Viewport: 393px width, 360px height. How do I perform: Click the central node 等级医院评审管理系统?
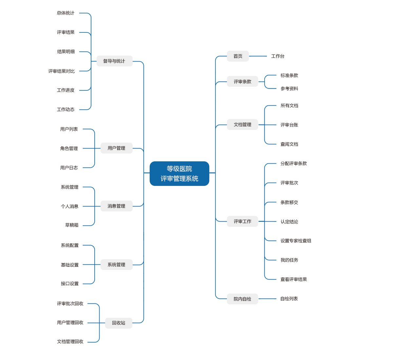[179, 173]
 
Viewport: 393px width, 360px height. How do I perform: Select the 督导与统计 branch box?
[114, 61]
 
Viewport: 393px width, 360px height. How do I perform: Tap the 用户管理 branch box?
[117, 148]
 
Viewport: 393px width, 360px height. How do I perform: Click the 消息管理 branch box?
[117, 206]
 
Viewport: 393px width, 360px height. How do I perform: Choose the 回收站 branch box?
[119, 323]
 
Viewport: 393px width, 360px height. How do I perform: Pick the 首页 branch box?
[238, 56]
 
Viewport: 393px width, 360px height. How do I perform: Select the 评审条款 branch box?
[242, 81]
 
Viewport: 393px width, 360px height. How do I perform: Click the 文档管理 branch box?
[242, 125]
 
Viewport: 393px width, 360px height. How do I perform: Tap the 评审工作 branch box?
[242, 222]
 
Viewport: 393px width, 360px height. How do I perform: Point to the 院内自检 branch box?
[242, 299]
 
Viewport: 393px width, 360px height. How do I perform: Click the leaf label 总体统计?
[65, 13]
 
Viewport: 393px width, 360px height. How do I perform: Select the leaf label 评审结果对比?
[62, 71]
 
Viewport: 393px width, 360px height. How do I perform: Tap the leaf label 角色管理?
[69, 148]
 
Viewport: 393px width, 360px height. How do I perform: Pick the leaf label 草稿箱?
[72, 225]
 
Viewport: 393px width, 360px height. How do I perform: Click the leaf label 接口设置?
[70, 284]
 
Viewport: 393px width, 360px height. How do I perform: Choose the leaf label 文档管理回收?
[70, 342]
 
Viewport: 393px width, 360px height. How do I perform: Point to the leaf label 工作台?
[278, 56]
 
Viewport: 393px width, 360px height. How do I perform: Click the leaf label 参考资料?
[289, 88]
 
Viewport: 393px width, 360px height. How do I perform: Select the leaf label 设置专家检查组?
[296, 241]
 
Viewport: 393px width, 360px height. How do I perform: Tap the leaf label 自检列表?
[289, 299]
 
